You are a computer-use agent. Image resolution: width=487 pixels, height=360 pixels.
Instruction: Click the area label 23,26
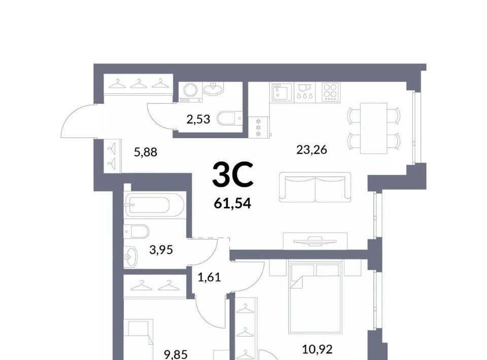311,150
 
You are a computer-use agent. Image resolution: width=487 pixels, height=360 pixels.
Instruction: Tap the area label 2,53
198,119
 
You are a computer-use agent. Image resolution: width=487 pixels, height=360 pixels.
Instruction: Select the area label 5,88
146,152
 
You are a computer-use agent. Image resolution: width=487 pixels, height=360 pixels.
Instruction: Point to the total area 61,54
232,204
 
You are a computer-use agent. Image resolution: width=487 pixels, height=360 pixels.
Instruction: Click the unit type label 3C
233,175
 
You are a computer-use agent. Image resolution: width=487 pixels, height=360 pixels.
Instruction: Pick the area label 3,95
161,249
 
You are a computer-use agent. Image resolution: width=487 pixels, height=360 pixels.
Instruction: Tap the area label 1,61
209,277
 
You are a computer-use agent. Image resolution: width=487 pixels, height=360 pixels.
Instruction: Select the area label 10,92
318,349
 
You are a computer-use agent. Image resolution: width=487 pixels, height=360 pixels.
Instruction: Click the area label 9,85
176,354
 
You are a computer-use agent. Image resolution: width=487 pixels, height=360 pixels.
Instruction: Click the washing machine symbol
190,92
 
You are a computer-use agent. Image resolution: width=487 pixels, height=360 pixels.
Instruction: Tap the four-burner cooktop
330,92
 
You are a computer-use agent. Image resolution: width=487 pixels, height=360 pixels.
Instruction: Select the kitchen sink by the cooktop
283,92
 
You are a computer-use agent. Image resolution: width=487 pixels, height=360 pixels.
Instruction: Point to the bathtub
154,205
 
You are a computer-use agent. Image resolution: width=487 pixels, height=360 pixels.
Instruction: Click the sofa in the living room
315,187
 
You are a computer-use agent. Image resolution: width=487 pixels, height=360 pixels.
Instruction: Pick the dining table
374,128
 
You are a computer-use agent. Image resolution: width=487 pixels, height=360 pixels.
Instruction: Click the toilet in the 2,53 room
229,118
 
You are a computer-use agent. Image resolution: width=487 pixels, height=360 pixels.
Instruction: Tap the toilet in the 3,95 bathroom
136,231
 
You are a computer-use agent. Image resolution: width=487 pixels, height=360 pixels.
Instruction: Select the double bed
315,297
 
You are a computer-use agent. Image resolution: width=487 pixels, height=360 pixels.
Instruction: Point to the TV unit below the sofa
315,241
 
